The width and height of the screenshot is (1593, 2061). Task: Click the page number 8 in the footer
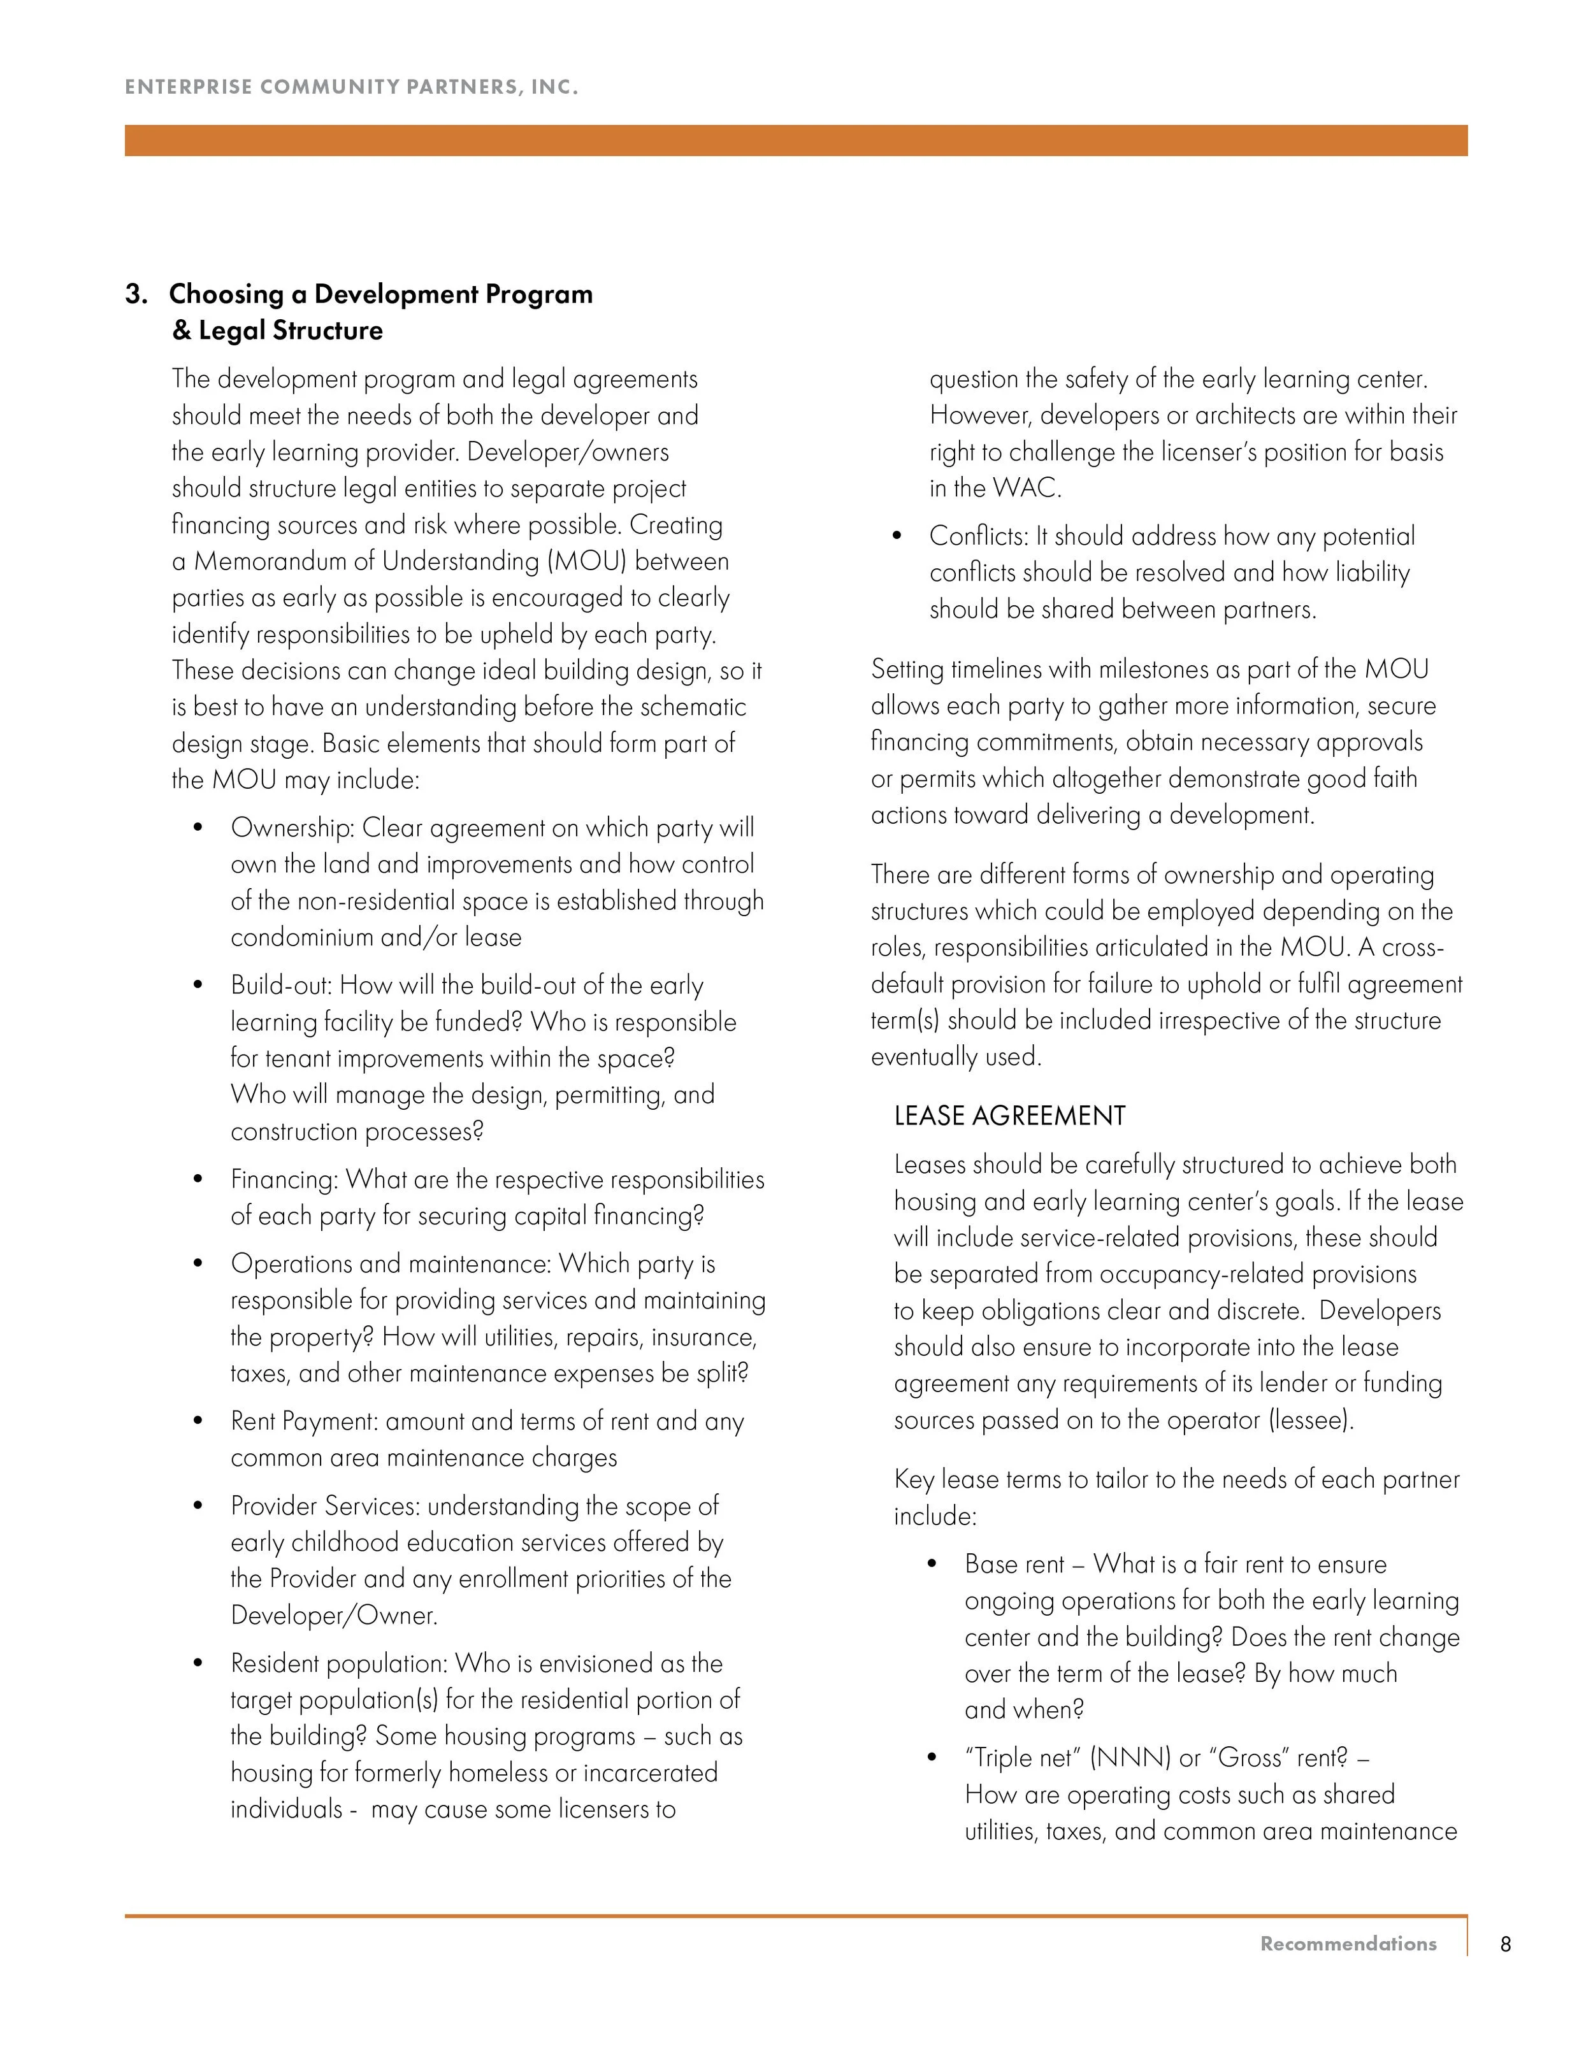point(1505,1944)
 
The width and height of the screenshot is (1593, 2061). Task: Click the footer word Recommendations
point(1348,1944)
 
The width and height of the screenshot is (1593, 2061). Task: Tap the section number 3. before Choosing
point(137,294)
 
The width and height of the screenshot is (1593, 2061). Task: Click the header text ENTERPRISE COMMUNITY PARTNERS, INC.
point(351,87)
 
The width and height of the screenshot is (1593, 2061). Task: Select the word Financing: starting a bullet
point(284,1180)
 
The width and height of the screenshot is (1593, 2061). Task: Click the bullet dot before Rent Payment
point(198,1421)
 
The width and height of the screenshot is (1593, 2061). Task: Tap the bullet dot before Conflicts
point(897,536)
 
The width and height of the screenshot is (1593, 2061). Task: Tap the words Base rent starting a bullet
point(1014,1565)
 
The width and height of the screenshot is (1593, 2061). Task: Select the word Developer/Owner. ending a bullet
point(334,1616)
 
